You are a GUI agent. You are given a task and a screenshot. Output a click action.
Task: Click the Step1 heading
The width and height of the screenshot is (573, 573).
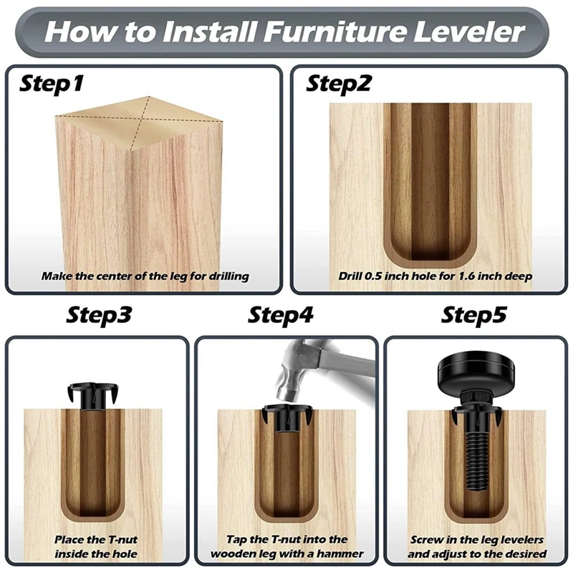(x=51, y=84)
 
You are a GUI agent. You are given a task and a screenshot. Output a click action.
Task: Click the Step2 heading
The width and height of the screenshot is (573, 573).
(x=338, y=84)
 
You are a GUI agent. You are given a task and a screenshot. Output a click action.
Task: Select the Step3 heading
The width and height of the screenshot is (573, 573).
(x=99, y=315)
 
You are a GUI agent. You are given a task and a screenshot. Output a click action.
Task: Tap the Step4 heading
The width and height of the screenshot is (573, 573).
(x=281, y=315)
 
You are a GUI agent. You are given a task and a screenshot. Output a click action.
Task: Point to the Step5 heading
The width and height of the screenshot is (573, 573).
(x=474, y=315)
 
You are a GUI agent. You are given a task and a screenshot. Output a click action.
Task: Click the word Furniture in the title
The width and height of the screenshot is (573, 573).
(x=334, y=32)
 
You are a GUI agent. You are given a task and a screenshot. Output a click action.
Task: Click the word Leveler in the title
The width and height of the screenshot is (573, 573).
(x=469, y=32)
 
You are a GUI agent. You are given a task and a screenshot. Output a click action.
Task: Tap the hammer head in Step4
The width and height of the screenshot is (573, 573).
(x=292, y=380)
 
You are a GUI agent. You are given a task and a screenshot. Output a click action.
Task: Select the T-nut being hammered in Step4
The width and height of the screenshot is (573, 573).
(x=289, y=418)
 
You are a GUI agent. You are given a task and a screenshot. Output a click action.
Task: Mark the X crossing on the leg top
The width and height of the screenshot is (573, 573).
(x=141, y=120)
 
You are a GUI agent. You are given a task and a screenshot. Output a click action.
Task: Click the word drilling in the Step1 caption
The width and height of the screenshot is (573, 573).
(x=228, y=276)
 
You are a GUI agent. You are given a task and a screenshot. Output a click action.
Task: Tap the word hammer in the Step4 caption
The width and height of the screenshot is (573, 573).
(x=340, y=554)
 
